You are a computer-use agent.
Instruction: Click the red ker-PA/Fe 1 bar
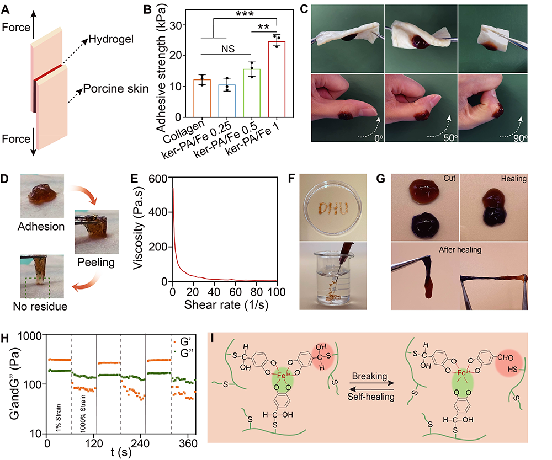pyautogui.click(x=277, y=79)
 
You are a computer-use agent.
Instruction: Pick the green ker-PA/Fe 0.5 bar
pyautogui.click(x=252, y=93)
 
